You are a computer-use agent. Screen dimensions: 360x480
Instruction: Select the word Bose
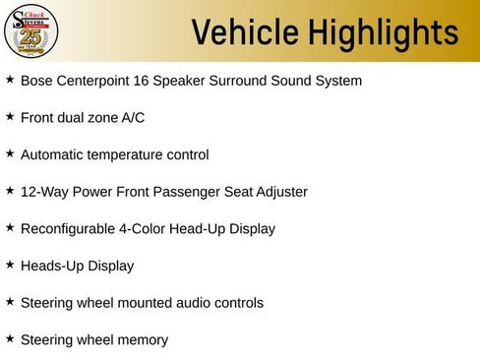36,80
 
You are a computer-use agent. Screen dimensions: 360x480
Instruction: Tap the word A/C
131,117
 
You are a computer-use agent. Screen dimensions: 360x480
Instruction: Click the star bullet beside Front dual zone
10,116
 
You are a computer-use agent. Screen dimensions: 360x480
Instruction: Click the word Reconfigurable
70,228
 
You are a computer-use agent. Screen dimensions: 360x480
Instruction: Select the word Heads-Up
51,266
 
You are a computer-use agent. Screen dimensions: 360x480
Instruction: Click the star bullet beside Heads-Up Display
10,265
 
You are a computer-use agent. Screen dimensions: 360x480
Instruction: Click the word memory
141,340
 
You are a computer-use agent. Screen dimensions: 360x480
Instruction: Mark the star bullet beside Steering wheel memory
10,338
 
